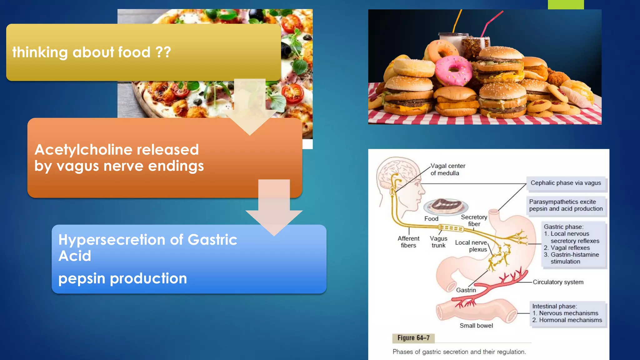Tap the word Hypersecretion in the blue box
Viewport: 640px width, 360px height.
(112, 240)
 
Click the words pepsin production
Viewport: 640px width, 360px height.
(122, 278)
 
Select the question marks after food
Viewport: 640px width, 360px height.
(163, 52)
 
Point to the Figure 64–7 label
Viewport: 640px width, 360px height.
(413, 338)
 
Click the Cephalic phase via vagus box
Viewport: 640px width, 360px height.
(566, 183)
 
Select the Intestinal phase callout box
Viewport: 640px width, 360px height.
(567, 313)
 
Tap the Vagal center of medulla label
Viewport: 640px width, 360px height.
(447, 169)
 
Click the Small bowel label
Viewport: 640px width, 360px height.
(476, 326)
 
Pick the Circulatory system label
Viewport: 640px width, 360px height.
(558, 282)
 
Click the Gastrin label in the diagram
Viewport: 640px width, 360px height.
(466, 290)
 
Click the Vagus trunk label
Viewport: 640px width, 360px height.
(438, 242)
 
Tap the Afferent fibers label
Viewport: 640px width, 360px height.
(408, 242)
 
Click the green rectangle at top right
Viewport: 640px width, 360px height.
(566, 4)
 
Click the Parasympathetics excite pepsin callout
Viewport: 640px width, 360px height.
(566, 206)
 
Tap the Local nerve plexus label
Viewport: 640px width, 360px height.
(471, 246)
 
